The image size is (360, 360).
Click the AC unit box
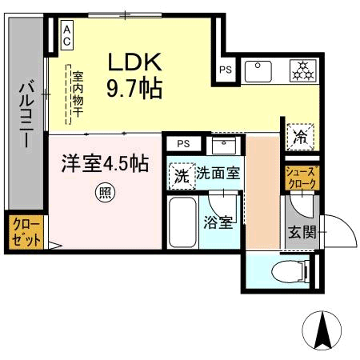(x=67, y=35)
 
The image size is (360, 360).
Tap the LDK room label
(x=134, y=62)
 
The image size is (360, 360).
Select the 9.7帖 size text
(x=134, y=88)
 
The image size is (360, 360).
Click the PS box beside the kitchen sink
(x=226, y=70)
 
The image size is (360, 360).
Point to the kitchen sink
(x=258, y=71)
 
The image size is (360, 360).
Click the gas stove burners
(x=302, y=70)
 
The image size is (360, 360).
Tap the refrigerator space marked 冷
(x=301, y=137)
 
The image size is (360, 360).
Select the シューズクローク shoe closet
(x=302, y=178)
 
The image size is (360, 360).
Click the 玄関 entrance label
(x=302, y=232)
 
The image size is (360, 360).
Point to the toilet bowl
(x=290, y=272)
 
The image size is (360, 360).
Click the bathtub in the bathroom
(x=182, y=222)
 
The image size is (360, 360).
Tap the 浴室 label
(x=218, y=222)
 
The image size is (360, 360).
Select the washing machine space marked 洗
(x=182, y=176)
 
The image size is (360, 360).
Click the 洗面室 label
(x=218, y=174)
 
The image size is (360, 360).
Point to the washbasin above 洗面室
(x=224, y=146)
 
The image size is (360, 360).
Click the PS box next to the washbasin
(x=183, y=144)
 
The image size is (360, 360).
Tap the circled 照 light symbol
(x=106, y=192)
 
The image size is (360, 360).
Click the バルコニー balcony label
(x=26, y=114)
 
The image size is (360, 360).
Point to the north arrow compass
(x=322, y=330)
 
